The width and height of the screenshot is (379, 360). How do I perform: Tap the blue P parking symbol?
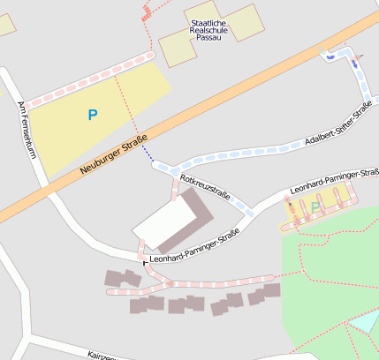pyautogui.click(x=93, y=114)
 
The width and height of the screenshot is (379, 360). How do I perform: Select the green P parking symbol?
pyautogui.click(x=315, y=207)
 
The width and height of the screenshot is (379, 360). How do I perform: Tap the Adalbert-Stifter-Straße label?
pyautogui.click(x=336, y=127)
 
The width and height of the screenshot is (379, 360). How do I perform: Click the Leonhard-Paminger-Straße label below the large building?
pyautogui.click(x=195, y=257)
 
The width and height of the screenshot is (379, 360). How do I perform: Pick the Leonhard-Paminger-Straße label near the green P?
pyautogui.click(x=334, y=182)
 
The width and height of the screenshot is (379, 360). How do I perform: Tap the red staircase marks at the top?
pyautogui.click(x=147, y=11)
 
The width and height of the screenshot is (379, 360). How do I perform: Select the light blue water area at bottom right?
pyautogui.click(x=364, y=332)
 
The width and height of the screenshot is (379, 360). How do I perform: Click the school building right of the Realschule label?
pyautogui.click(x=243, y=22)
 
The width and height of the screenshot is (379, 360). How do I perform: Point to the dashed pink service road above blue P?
pyautogui.click(x=88, y=79)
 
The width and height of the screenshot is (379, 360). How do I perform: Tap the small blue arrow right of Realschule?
pyautogui.click(x=331, y=57)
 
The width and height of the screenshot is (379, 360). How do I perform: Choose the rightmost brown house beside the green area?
pyautogui.click(x=272, y=290)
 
